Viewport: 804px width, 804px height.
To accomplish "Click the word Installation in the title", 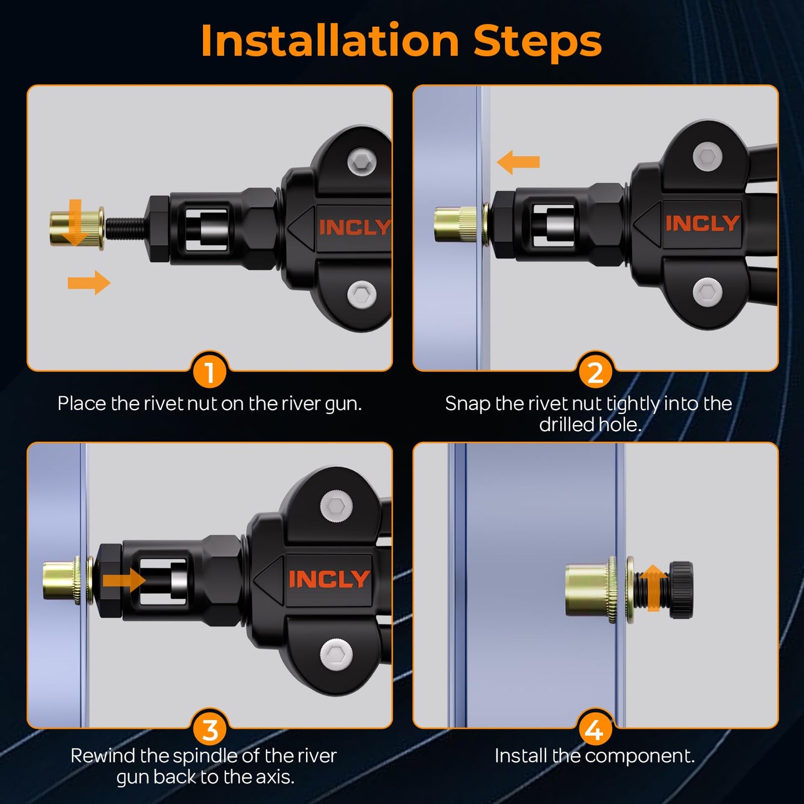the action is coord(330,41).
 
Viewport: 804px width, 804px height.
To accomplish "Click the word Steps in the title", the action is coord(538,42).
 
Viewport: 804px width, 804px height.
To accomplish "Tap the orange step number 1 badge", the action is coord(209,371).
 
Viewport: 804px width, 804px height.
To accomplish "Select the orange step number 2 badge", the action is coord(595,371).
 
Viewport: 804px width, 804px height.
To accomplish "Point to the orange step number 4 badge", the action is coord(595,728).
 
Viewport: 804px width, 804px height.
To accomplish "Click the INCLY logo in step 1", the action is coord(355,228).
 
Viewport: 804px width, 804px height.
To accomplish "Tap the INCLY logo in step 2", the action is coord(703,223).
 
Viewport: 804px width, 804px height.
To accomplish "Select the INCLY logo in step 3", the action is coord(329,579).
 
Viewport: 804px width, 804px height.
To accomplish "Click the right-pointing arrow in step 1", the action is coord(89,283).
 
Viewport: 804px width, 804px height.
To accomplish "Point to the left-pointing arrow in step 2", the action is coord(518,162).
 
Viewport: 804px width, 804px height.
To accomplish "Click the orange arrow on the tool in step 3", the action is coord(124,580).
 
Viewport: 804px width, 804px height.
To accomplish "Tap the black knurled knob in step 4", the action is coord(680,590).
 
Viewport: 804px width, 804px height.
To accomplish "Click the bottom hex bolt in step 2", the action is coord(707,292).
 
